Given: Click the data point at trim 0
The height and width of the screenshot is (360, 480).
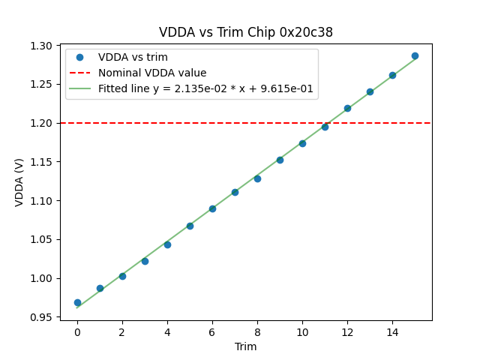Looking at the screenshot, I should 77,302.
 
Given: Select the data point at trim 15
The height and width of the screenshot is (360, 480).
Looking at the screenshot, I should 415,55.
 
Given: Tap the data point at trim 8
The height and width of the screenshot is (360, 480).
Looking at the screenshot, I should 257,178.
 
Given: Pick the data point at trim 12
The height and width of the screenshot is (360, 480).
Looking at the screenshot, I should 347,108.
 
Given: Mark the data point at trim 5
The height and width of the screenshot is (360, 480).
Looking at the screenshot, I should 190,226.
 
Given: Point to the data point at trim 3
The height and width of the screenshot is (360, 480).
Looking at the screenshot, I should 145,261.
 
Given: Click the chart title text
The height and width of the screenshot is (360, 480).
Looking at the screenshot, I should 246,32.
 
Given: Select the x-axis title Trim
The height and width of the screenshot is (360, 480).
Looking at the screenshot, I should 246,346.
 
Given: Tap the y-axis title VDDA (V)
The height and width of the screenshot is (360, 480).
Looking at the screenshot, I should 19,182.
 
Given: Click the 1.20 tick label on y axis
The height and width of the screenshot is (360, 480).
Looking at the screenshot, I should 41,123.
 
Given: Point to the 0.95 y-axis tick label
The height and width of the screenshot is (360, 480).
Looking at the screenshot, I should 41,317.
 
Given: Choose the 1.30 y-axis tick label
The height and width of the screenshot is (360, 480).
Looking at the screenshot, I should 41,46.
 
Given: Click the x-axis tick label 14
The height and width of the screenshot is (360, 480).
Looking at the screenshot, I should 392,332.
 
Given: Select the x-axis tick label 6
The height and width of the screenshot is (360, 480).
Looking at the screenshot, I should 212,332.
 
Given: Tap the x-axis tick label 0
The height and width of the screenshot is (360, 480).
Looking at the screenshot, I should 77,332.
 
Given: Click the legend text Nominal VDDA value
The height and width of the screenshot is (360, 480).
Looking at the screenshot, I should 152,73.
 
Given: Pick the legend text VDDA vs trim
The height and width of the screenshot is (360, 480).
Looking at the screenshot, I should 133,58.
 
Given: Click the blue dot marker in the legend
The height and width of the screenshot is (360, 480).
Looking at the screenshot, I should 79,58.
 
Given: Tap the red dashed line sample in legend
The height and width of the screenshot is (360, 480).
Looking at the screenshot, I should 79,73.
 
